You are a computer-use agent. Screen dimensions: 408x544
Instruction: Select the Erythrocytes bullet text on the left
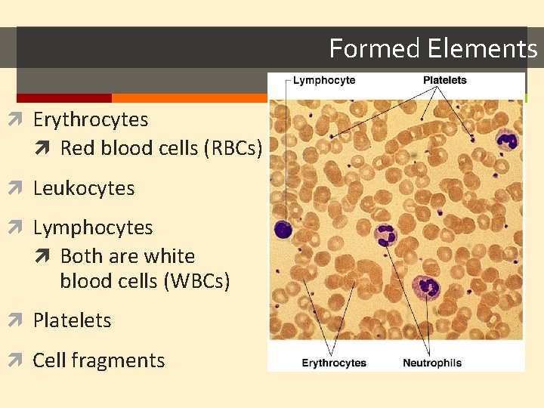(91, 119)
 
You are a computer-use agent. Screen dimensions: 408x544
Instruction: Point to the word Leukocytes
(84, 188)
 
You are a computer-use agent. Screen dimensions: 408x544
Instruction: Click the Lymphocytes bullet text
(93, 227)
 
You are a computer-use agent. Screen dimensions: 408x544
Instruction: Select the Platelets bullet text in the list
(72, 320)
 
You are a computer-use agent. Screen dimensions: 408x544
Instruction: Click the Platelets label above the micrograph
(444, 80)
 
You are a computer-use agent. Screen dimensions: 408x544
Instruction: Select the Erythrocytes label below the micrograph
(334, 363)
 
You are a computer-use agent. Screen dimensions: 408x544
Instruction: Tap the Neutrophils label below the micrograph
(431, 363)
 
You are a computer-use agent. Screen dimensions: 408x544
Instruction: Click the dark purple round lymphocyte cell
(283, 227)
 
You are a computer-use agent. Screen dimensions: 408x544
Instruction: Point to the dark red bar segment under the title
(63, 98)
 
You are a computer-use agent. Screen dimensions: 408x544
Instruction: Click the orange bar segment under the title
(189, 98)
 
